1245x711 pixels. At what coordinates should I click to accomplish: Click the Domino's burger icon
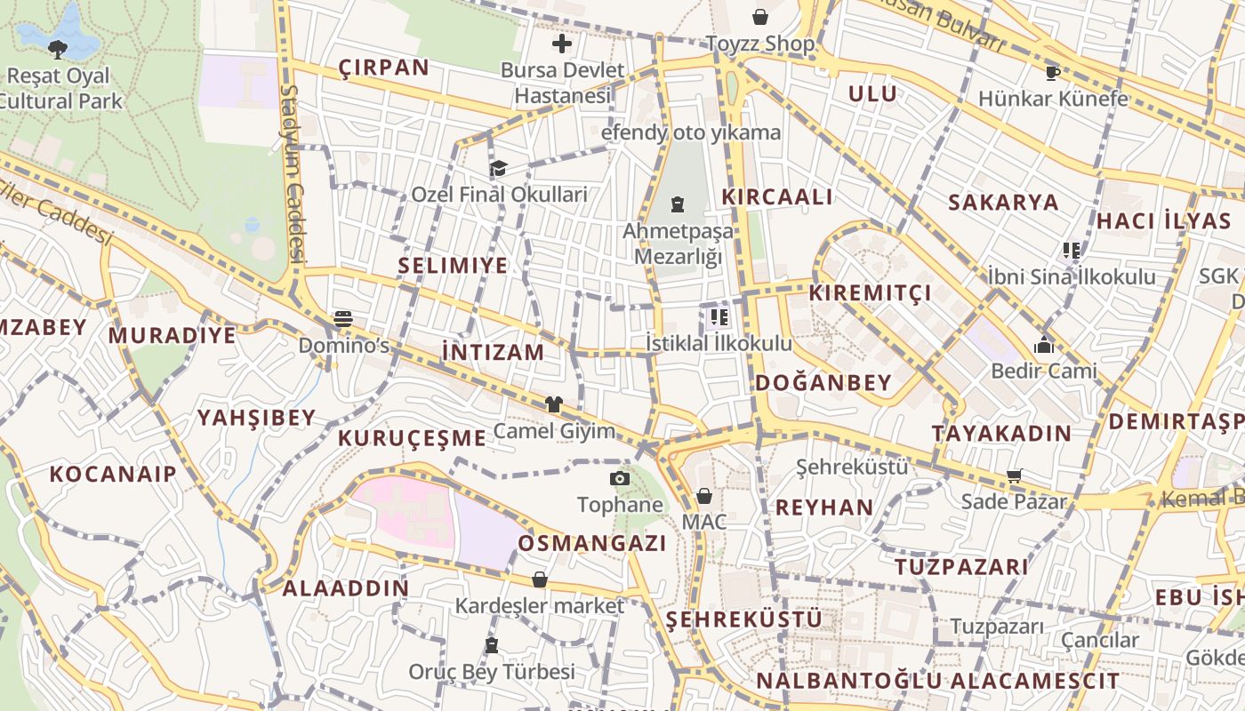343,319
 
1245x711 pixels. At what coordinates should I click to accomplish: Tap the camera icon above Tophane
620,479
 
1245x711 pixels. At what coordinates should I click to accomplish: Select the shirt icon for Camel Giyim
554,404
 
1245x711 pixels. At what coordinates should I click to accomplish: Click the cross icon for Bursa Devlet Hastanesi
562,43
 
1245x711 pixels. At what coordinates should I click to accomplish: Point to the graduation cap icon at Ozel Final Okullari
498,168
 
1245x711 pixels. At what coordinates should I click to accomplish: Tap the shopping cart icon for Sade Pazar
1014,475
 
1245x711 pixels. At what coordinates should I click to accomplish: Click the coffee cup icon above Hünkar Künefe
1053,72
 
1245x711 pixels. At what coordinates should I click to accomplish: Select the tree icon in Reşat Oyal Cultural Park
58,48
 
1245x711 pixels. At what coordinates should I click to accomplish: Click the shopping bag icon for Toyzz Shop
760,17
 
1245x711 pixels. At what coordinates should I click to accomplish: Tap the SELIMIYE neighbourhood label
453,265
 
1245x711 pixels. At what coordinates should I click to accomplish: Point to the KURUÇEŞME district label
412,437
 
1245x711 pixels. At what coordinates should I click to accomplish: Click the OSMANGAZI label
591,543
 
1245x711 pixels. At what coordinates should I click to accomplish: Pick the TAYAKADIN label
1001,434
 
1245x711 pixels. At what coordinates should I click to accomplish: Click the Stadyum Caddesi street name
293,173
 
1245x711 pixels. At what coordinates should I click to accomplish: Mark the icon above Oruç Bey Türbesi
492,645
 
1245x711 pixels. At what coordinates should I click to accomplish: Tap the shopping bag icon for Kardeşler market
540,579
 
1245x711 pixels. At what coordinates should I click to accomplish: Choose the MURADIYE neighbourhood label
173,335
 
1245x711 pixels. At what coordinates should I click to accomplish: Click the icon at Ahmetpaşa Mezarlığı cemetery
678,204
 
